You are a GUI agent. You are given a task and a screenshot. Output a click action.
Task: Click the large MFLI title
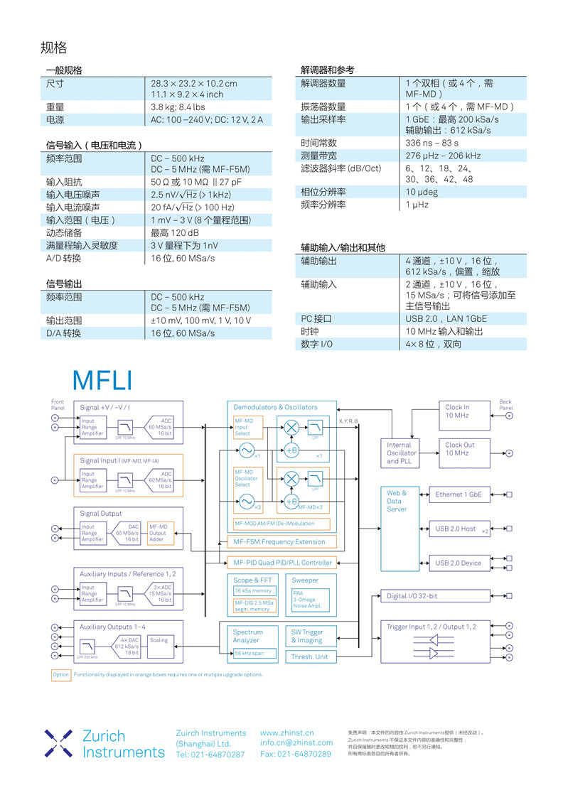(102, 380)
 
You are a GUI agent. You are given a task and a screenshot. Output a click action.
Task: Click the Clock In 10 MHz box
(465, 411)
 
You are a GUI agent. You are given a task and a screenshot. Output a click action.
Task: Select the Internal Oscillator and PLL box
(402, 453)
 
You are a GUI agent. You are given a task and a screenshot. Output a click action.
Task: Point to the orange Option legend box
(61, 675)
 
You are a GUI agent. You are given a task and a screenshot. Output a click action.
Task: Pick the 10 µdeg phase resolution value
(422, 192)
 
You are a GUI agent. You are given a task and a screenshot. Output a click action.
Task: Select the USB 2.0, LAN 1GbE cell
(446, 319)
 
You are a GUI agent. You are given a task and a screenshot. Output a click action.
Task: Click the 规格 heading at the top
(54, 48)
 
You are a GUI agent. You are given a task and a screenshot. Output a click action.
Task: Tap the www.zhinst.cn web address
(287, 732)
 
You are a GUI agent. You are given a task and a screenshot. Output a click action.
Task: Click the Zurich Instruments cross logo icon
(58, 742)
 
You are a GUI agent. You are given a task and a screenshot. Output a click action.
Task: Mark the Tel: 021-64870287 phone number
(210, 755)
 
